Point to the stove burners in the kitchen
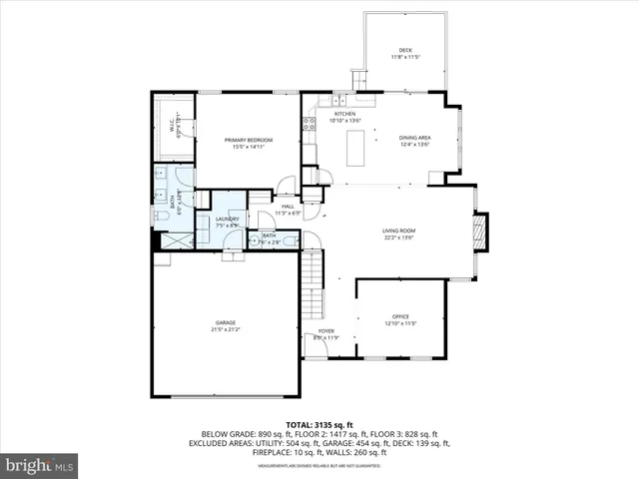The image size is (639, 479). point(310,125)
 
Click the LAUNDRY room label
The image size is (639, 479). point(227,223)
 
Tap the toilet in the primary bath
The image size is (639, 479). point(159,217)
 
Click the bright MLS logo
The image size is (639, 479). point(40,465)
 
